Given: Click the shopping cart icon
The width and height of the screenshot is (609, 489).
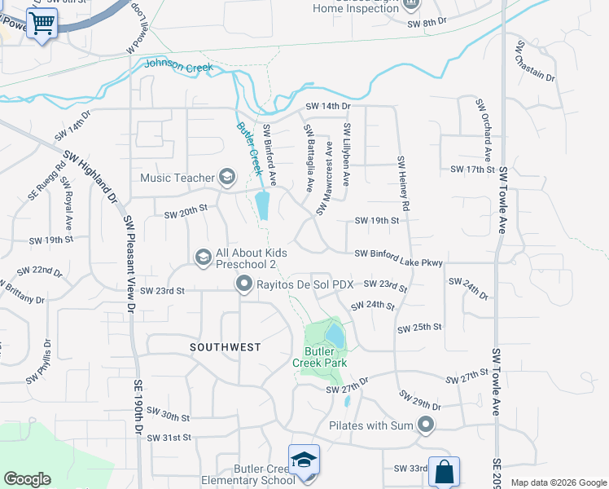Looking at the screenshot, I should point(42,22).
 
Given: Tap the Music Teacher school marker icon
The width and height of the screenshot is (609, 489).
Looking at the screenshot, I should point(227,177).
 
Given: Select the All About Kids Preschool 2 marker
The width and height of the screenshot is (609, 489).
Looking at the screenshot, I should point(203,258).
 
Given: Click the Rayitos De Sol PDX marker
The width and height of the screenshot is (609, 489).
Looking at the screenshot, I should point(243,284).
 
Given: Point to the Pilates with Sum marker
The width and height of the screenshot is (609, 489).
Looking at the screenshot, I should point(425,424).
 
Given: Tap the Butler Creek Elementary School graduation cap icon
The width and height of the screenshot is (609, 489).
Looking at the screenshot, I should point(304,460).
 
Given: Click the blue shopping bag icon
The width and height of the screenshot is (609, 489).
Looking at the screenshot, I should point(444,471).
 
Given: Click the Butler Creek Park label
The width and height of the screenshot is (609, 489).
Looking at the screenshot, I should point(320,357).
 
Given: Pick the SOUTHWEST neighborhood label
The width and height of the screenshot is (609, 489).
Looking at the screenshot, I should point(226,347).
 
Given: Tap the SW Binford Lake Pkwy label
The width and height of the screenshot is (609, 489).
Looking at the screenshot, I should point(398,258).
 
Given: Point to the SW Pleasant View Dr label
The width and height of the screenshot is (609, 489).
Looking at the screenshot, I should point(129,265).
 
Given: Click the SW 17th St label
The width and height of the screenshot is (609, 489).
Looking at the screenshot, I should point(472,170).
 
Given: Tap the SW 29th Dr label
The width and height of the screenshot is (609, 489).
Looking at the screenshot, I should point(420,400).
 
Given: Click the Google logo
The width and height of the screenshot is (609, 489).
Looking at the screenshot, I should point(27,479).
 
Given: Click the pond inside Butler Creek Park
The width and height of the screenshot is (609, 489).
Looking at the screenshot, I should point(335,334).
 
